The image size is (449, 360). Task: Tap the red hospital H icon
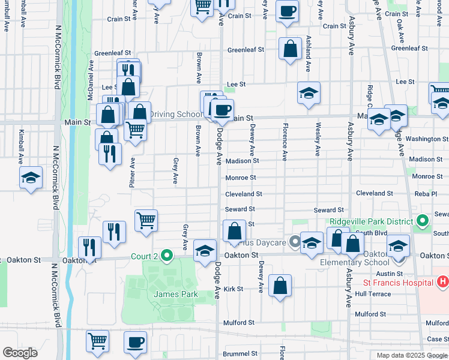coord(442,281)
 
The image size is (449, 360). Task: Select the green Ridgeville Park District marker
coord(422,221)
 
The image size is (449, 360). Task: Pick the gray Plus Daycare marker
coord(294,242)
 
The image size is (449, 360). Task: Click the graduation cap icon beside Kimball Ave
coord(31,178)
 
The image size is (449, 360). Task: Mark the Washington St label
coord(423,139)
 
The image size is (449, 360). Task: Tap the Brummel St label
coord(240,354)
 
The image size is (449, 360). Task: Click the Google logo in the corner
coord(20,353)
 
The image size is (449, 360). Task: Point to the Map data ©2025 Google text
coord(412,355)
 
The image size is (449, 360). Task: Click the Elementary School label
coord(355,262)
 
